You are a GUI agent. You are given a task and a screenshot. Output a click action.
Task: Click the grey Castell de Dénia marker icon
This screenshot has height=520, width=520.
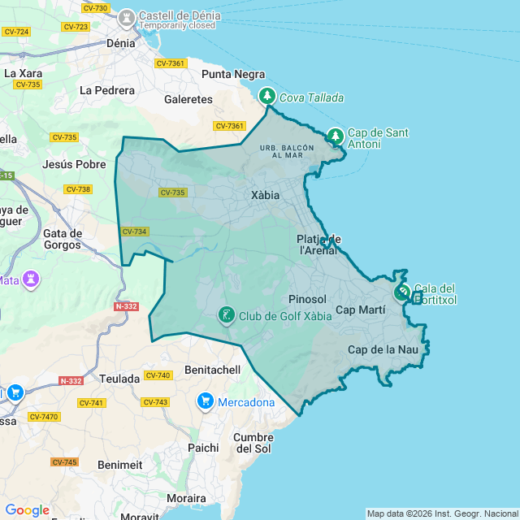click(126, 17)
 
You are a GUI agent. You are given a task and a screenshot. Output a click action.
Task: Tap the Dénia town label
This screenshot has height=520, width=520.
click(121, 43)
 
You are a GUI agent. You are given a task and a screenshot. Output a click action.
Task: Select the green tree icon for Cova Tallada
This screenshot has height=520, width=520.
click(266, 97)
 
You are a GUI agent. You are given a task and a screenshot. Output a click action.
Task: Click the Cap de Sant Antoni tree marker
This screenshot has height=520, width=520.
click(336, 135)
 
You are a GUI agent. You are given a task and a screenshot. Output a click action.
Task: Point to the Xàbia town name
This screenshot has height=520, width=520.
click(265, 196)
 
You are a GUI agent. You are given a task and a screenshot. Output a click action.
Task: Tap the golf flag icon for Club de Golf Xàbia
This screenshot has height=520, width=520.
click(226, 314)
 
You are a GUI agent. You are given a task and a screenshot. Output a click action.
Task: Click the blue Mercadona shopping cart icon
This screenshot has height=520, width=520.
click(205, 401)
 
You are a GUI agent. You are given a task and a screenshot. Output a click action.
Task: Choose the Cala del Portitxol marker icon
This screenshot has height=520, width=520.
click(402, 292)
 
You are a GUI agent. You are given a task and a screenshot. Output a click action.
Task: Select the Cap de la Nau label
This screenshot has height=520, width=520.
click(382, 349)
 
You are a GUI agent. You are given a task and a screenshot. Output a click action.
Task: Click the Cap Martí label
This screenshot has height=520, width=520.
click(360, 310)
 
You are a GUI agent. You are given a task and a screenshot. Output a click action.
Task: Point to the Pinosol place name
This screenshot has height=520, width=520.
click(307, 299)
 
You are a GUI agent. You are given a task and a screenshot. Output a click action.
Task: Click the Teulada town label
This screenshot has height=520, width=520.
click(119, 379)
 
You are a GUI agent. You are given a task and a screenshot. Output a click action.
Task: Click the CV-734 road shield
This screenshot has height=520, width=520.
click(135, 232)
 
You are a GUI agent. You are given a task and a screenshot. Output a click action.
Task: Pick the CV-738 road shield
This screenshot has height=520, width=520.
click(78, 189)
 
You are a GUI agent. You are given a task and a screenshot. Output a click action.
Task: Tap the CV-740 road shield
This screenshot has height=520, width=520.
click(158, 375)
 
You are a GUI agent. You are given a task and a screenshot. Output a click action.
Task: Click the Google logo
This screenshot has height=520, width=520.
click(27, 510)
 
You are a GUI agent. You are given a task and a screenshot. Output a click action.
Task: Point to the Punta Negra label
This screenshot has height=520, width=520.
click(233, 74)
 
